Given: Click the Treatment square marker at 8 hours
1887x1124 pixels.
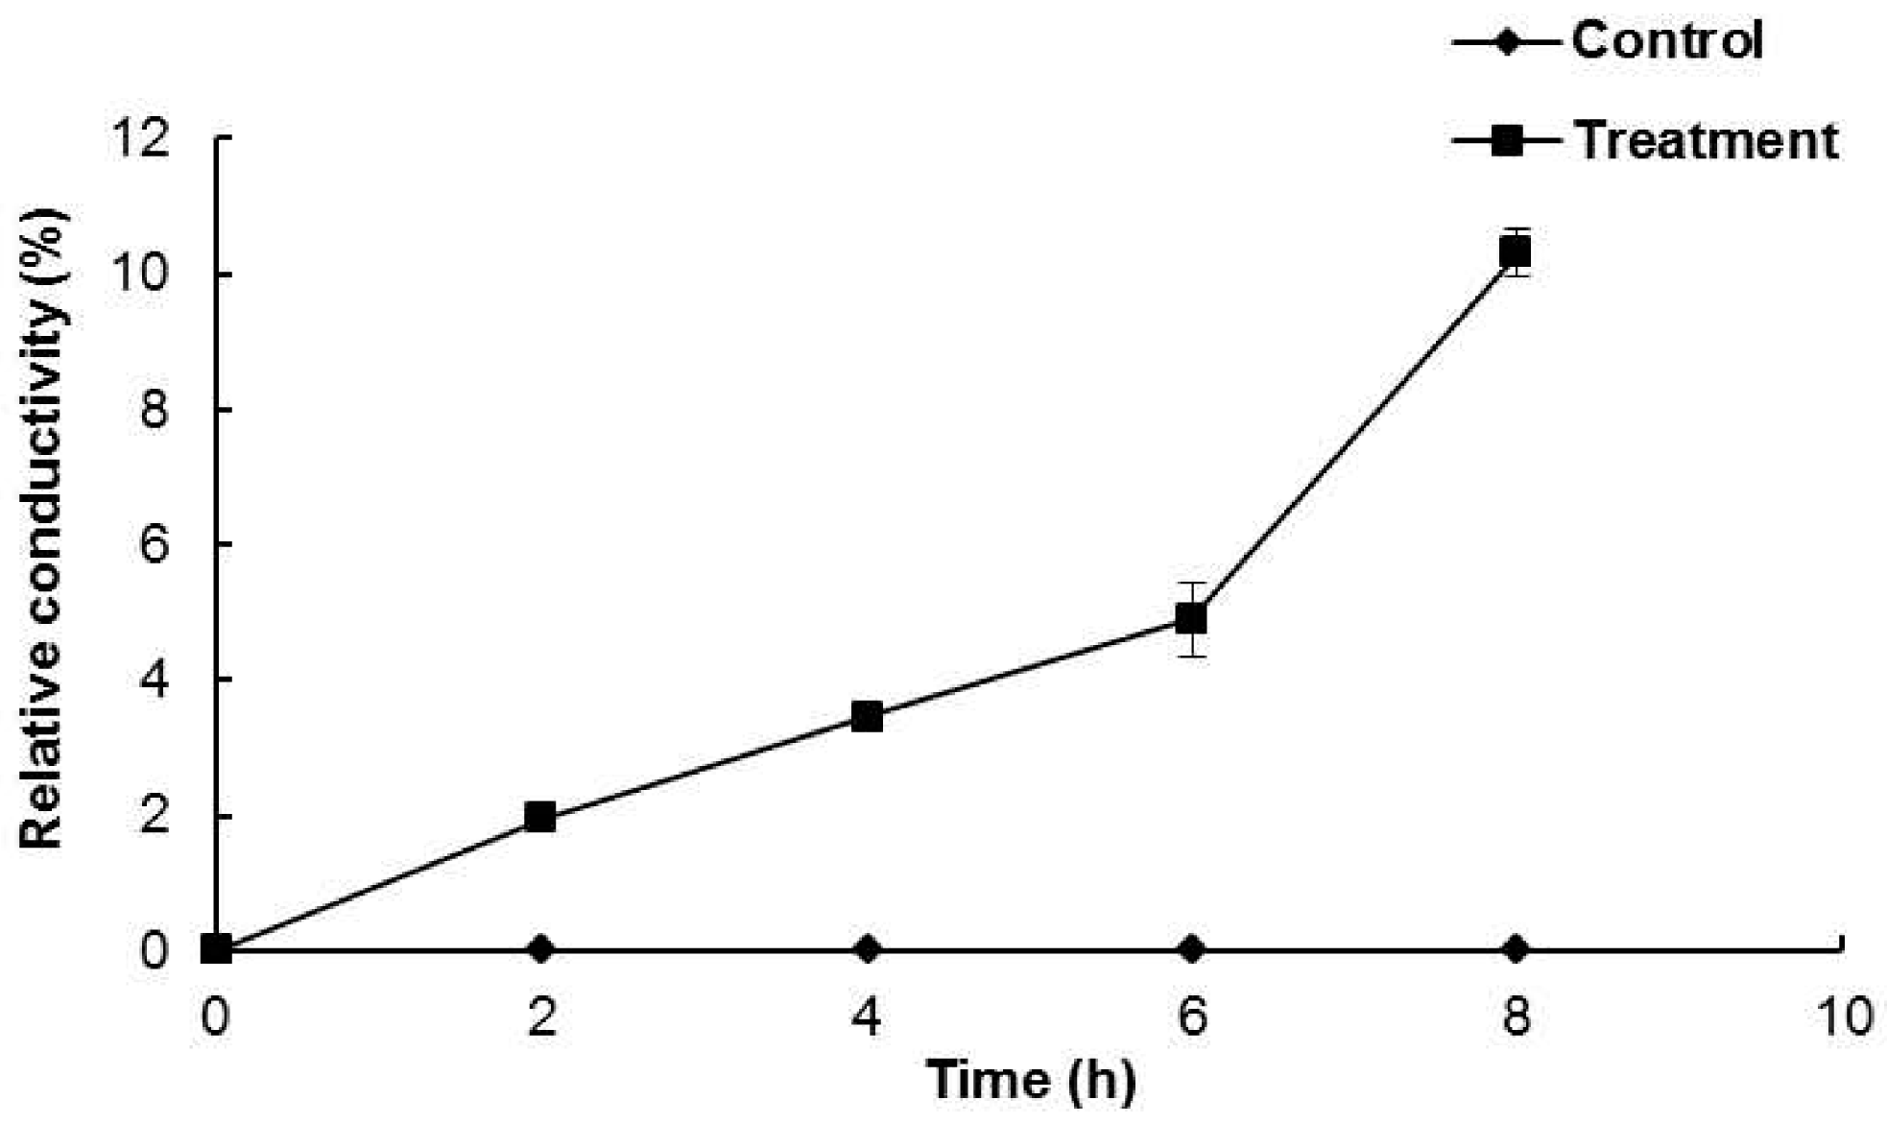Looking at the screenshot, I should (1515, 252).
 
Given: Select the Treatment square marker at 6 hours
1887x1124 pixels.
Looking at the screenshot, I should (1190, 618).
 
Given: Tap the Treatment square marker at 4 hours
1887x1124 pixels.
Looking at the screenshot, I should (867, 716).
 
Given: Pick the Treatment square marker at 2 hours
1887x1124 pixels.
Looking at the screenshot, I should (540, 818).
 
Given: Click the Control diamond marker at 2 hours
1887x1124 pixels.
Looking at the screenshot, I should (541, 949).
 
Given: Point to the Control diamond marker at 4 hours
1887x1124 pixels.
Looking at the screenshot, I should (867, 949).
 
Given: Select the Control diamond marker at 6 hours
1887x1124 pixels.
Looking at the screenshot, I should (1191, 949).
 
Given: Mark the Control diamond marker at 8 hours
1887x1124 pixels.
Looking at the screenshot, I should (1516, 949).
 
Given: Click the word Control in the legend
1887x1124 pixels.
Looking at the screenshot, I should (1667, 41).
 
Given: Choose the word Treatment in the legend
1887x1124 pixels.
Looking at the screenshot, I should (1707, 141).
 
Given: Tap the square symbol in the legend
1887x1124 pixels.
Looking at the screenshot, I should (1508, 141).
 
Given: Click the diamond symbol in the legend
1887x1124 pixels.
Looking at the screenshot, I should (1508, 42).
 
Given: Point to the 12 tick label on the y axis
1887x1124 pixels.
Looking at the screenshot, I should (141, 139).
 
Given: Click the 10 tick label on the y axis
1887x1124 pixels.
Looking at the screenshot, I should (141, 275).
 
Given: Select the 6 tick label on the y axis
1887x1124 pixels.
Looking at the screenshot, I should (154, 545).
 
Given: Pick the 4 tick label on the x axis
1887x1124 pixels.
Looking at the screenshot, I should (867, 1016).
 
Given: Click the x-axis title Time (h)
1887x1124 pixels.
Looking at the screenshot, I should (1031, 1080).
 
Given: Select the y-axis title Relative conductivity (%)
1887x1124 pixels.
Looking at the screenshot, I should (43, 528).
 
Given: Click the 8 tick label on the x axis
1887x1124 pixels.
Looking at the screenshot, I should (1516, 1016).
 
